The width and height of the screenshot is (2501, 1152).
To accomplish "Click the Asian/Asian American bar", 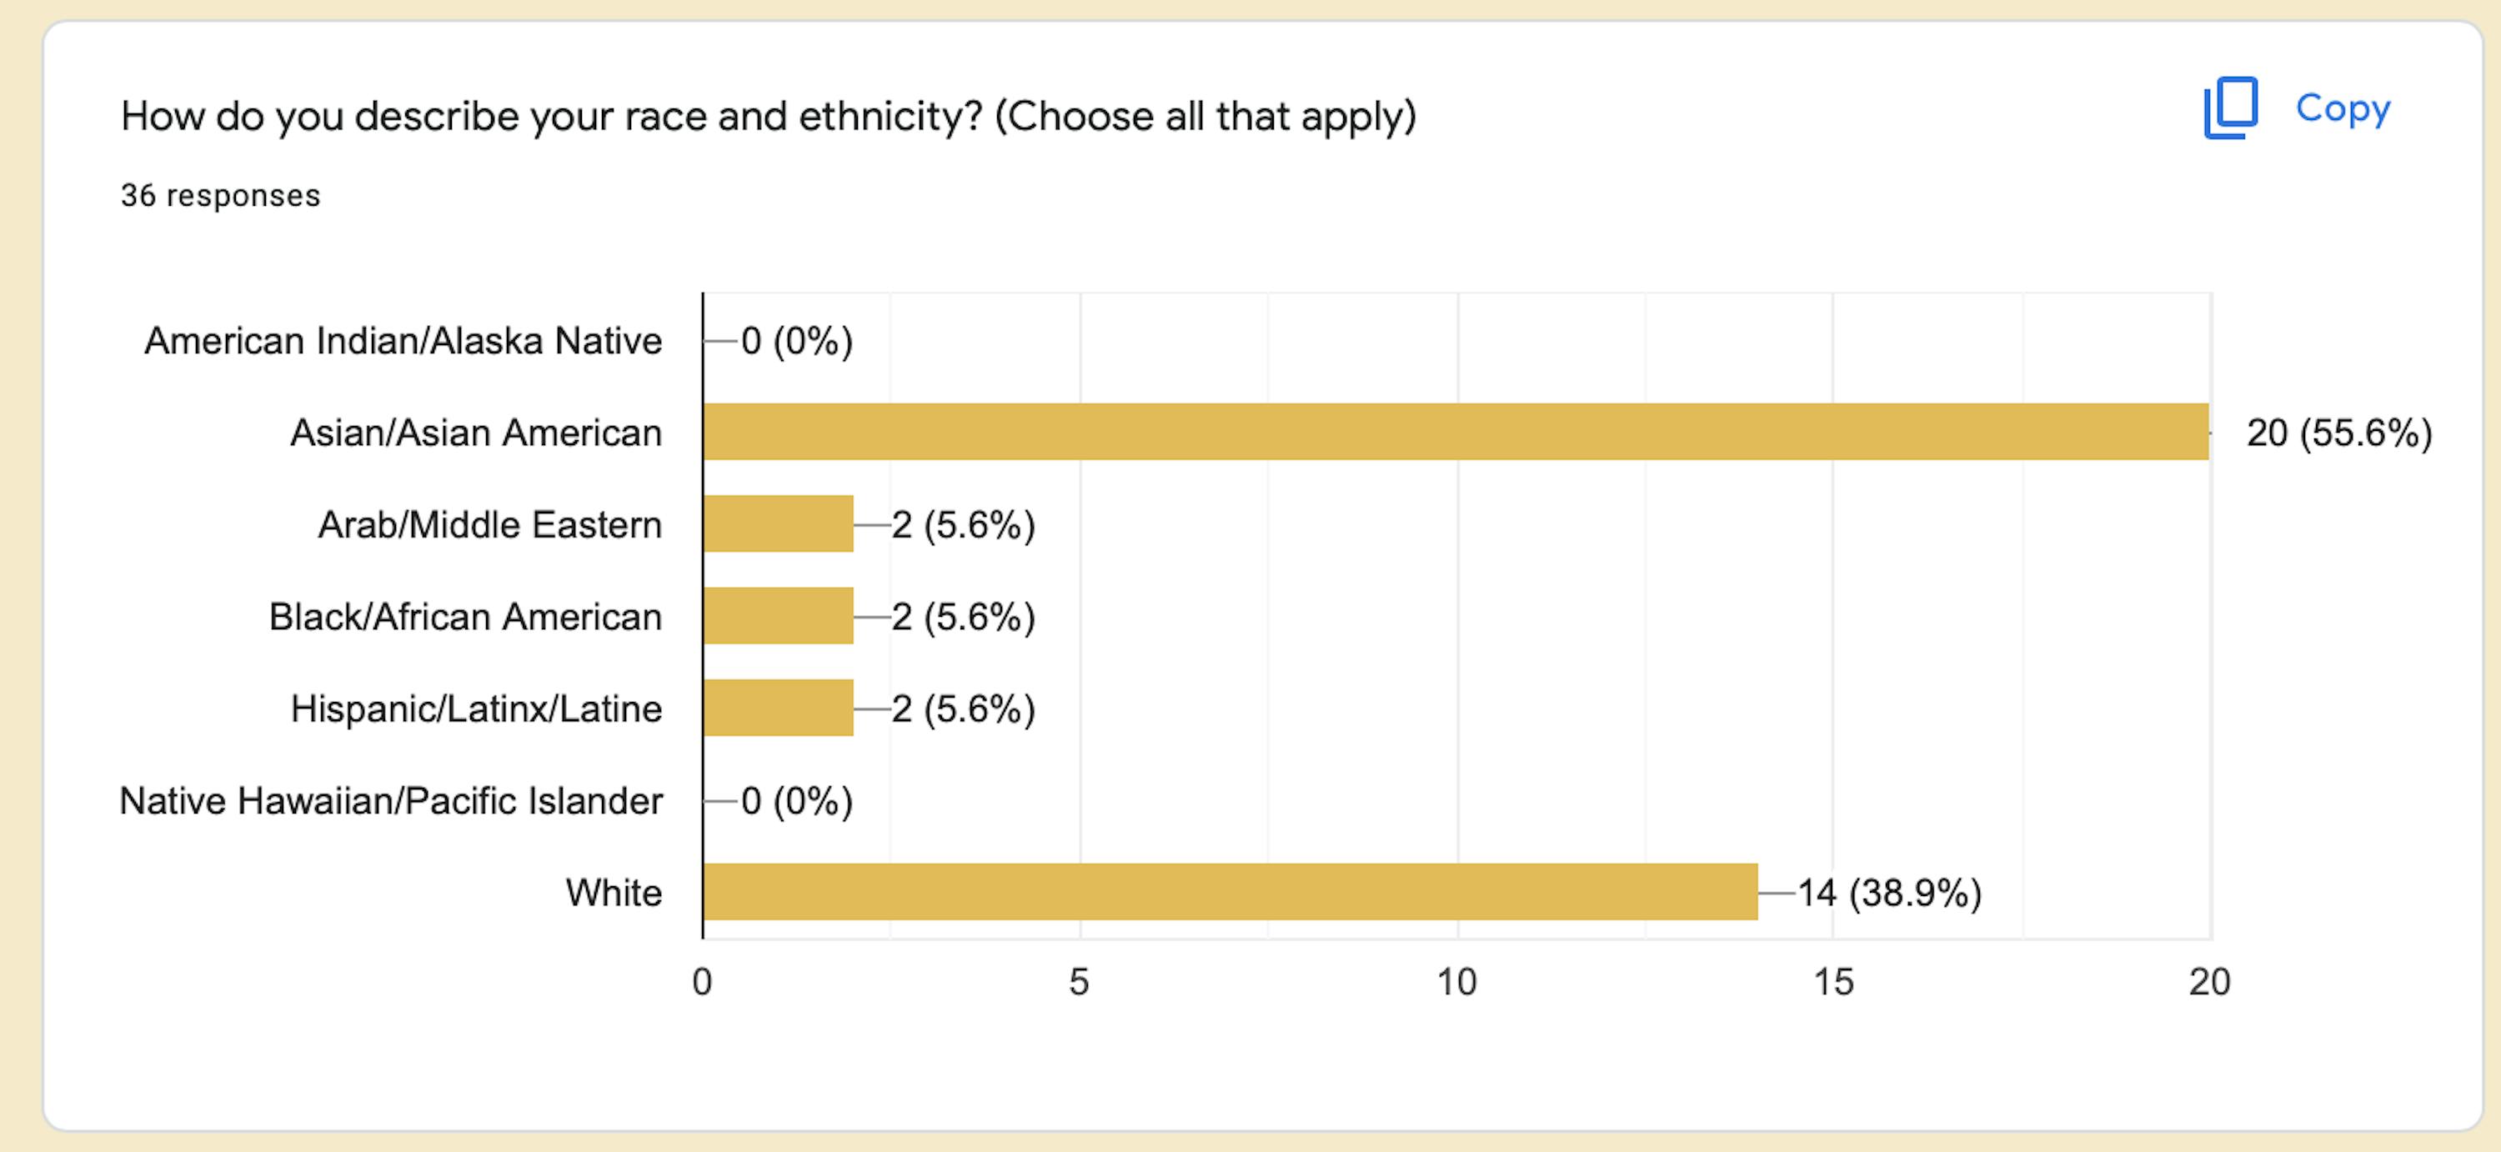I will (1456, 432).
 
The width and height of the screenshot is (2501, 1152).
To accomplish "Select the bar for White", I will (1229, 892).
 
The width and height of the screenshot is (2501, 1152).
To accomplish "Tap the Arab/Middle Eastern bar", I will (778, 524).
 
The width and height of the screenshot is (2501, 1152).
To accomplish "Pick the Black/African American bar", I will (778, 616).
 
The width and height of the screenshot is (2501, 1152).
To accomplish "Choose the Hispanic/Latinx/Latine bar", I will (778, 709).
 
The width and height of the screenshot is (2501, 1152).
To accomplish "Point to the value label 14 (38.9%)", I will (1888, 893).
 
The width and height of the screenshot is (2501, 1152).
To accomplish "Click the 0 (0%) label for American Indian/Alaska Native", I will (796, 342).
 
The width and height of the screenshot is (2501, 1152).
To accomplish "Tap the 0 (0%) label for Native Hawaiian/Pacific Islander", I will (796, 802).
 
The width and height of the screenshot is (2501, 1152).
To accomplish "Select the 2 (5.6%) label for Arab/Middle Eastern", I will (963, 525).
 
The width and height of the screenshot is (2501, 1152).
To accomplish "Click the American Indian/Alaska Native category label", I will (403, 342).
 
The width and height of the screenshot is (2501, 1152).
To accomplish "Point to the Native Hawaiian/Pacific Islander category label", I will (390, 802).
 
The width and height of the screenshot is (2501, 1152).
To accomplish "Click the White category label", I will (614, 893).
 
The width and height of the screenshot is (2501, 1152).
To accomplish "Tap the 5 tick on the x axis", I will (1079, 982).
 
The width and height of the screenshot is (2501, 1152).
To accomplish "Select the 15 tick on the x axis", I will (1833, 982).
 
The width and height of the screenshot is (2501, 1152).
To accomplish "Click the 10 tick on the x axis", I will (1456, 982).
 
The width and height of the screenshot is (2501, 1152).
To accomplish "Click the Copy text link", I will (2342, 108).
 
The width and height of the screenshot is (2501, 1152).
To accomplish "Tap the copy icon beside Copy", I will (2230, 108).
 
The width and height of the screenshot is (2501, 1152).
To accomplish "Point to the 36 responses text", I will (220, 196).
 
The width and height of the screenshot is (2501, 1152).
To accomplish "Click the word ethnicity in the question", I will (890, 117).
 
